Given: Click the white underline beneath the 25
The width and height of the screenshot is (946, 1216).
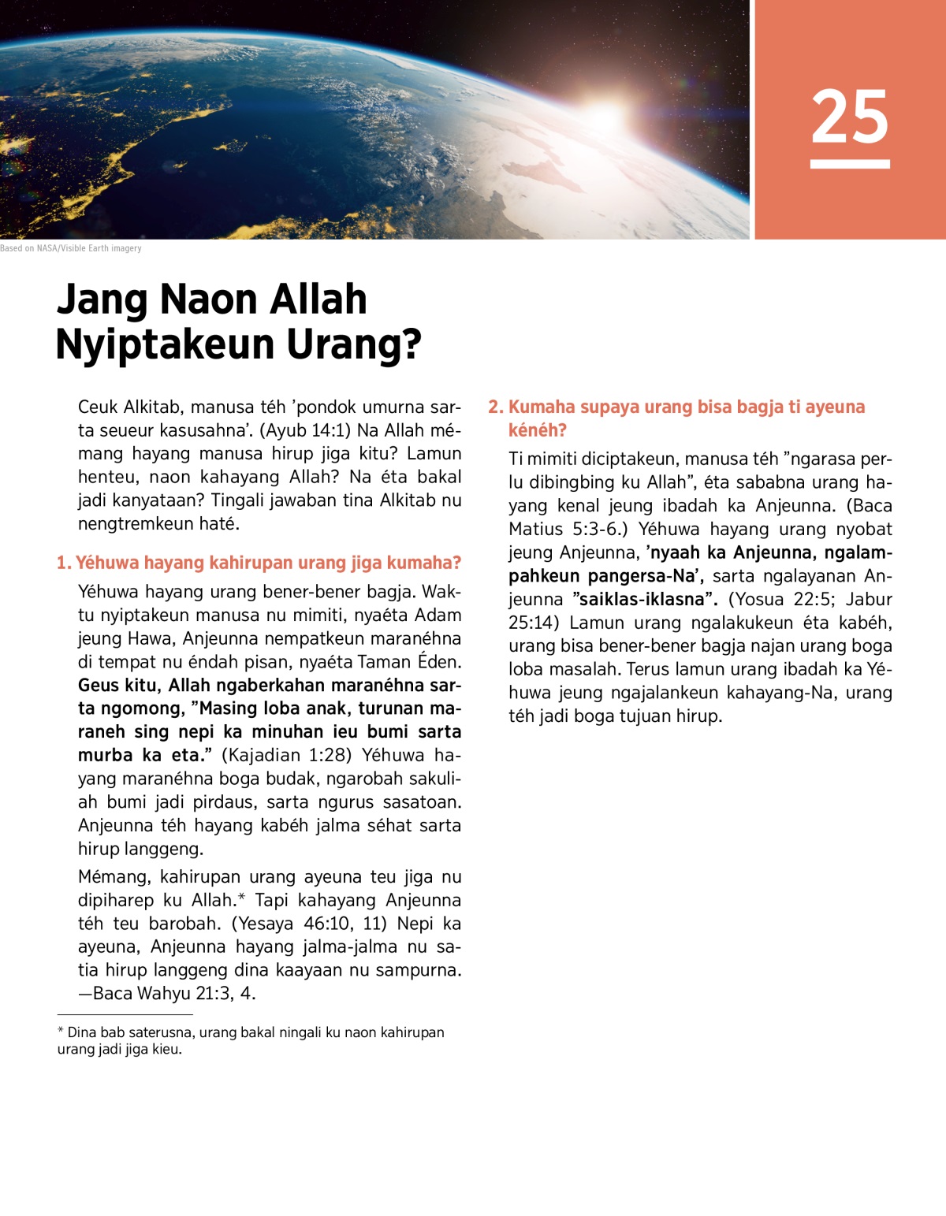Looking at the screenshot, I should point(850,164).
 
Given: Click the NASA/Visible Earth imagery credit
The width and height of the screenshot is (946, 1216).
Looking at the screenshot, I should point(71,248).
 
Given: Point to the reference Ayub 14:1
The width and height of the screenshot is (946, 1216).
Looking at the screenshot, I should point(304,430).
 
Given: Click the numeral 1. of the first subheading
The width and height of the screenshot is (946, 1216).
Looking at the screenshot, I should point(64,563).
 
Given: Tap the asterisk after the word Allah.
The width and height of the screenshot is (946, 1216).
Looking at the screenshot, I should point(242,898).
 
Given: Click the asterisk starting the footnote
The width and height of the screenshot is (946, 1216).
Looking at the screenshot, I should point(61,1032).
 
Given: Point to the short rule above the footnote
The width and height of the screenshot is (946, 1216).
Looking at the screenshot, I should point(125,1015).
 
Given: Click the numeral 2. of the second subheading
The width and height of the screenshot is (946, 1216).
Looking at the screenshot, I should point(495,407).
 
